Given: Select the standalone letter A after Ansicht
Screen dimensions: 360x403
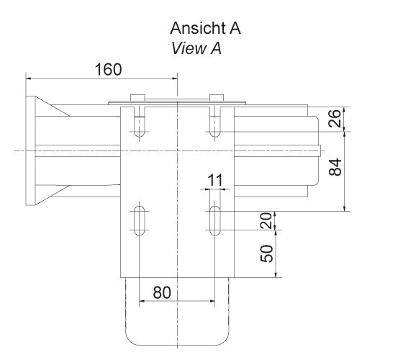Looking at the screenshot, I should point(234,29).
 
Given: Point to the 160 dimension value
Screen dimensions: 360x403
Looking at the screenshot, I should point(108,69).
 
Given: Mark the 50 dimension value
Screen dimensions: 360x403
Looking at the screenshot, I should point(267,253).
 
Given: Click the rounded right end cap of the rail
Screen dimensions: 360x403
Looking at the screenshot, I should point(315,150).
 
